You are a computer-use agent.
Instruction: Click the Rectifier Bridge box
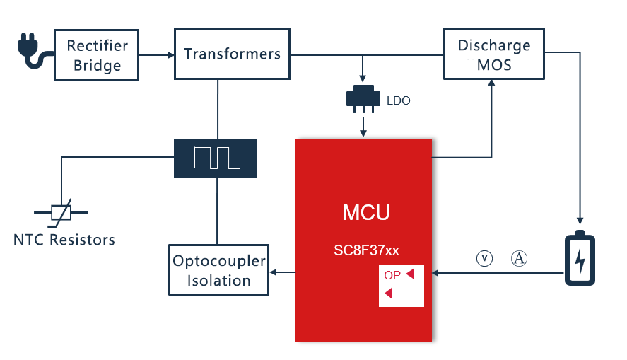(98, 55)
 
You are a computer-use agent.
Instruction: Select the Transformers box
(232, 54)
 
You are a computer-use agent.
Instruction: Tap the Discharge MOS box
(493, 54)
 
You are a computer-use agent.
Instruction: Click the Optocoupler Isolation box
(218, 270)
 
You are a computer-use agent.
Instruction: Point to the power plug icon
(32, 54)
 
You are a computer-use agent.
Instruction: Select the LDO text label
(398, 100)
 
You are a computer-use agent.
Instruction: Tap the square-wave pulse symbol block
(216, 158)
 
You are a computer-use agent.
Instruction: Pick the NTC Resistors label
(64, 240)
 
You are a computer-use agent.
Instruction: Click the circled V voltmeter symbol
(484, 259)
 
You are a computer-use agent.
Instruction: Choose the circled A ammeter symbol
(520, 259)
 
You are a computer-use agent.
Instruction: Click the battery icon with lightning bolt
(580, 257)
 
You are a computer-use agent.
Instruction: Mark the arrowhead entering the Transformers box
(171, 54)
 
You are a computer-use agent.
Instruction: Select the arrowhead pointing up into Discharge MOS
(491, 83)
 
